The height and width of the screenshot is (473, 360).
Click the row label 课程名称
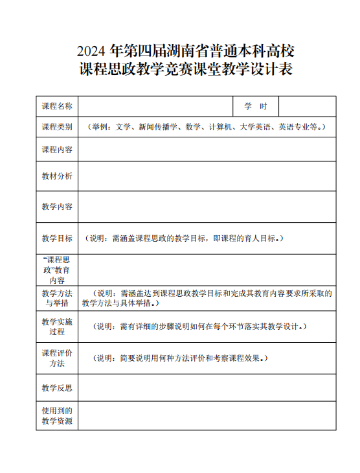coord(57,106)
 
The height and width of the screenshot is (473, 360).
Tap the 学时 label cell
coord(256,106)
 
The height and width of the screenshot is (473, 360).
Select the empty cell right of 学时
coord(307,106)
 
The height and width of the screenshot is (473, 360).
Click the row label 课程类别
coord(57,127)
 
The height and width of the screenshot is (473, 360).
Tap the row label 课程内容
coord(57,150)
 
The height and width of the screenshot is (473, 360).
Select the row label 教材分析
coord(57,176)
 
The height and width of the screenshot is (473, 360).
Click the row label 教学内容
coord(57,207)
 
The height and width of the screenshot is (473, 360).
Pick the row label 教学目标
coord(57,238)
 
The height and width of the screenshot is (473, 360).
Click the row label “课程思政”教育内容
coord(57,270)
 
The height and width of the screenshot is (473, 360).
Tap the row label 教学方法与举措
coord(57,298)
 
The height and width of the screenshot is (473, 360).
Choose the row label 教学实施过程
coord(57,327)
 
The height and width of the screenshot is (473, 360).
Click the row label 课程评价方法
coord(57,358)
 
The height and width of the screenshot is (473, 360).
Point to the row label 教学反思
coord(57,388)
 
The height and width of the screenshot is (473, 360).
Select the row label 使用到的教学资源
coord(57,416)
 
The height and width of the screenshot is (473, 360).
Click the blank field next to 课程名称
coord(155,106)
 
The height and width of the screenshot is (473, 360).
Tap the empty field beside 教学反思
coord(207,388)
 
